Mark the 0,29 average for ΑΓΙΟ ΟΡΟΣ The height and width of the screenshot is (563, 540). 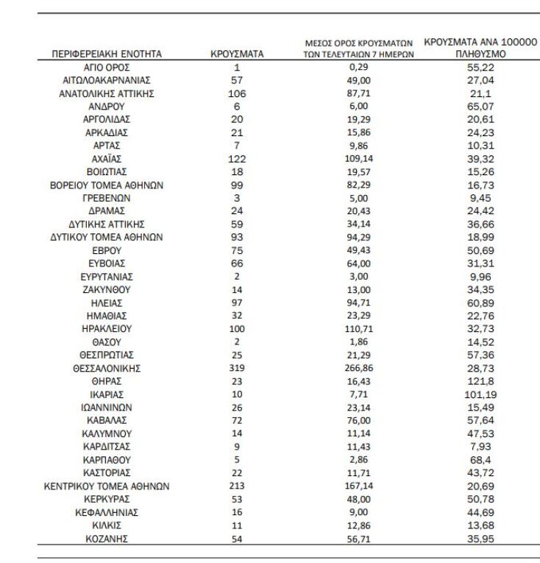359,67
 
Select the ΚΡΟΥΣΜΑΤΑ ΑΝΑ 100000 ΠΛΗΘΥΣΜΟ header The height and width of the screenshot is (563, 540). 480,48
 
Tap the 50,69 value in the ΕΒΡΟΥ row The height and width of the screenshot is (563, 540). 480,251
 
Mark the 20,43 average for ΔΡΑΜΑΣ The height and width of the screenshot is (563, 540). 359,211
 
